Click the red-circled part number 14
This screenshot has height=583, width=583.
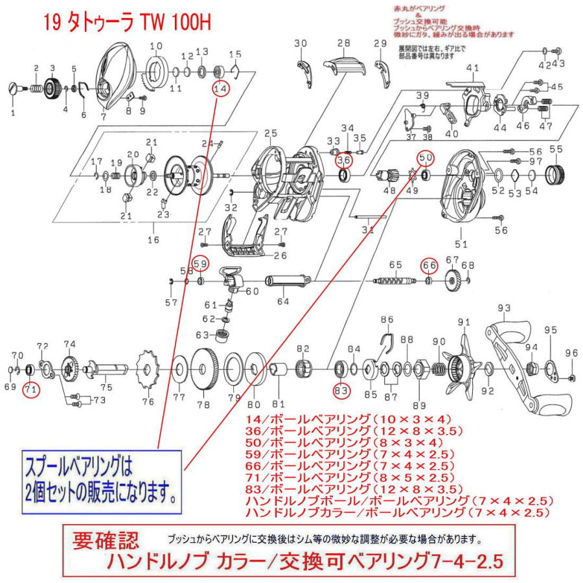221,89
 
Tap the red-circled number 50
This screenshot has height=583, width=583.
424,157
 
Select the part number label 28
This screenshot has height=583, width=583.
343,43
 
